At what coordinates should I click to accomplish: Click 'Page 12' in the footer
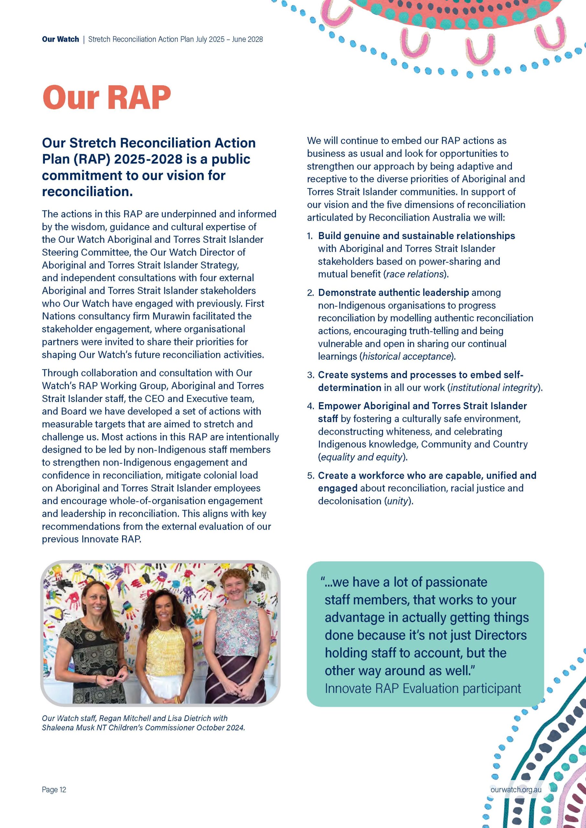tap(54, 790)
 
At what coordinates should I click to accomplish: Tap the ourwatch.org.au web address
tap(516, 790)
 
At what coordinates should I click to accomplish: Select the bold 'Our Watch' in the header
tap(60, 39)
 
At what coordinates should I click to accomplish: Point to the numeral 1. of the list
tap(310, 236)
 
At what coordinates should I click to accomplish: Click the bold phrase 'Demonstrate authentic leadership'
tap(393, 292)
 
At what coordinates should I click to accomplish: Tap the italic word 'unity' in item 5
tap(397, 501)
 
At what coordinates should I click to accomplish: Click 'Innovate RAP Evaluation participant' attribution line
tap(423, 689)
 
